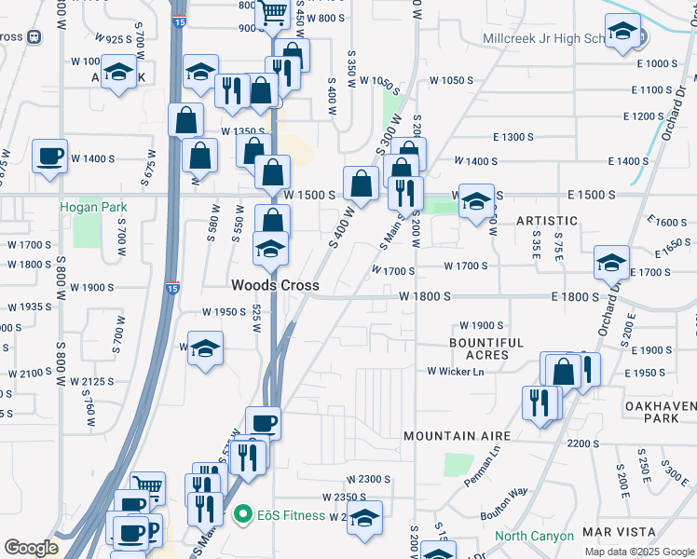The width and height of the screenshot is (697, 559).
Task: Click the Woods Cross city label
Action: [275, 285]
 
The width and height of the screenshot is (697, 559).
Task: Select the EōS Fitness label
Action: [293, 515]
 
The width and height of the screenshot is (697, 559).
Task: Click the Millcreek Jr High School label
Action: [547, 38]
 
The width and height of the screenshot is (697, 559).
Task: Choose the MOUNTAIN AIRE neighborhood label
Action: [457, 436]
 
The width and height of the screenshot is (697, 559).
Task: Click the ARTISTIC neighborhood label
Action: [546, 221]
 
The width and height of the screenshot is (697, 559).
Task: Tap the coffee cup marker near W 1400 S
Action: [49, 156]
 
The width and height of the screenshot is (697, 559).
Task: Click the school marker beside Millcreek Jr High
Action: [623, 33]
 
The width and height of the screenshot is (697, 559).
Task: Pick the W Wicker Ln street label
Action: [456, 371]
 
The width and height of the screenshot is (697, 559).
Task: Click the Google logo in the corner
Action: [31, 548]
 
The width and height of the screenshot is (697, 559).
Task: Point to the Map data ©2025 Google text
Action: [638, 552]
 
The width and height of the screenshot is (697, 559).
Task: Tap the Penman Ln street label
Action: [484, 461]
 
